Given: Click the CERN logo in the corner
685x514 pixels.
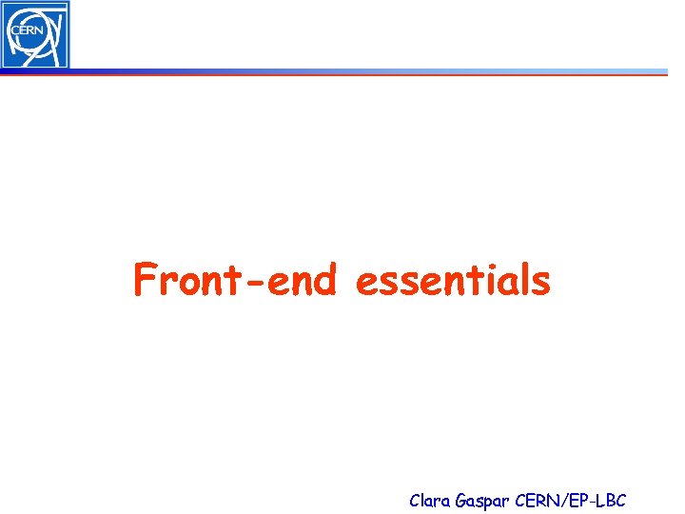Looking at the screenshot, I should [x=35, y=34].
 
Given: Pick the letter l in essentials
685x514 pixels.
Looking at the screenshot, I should [x=522, y=280].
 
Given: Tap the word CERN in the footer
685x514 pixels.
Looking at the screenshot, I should [x=537, y=500].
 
